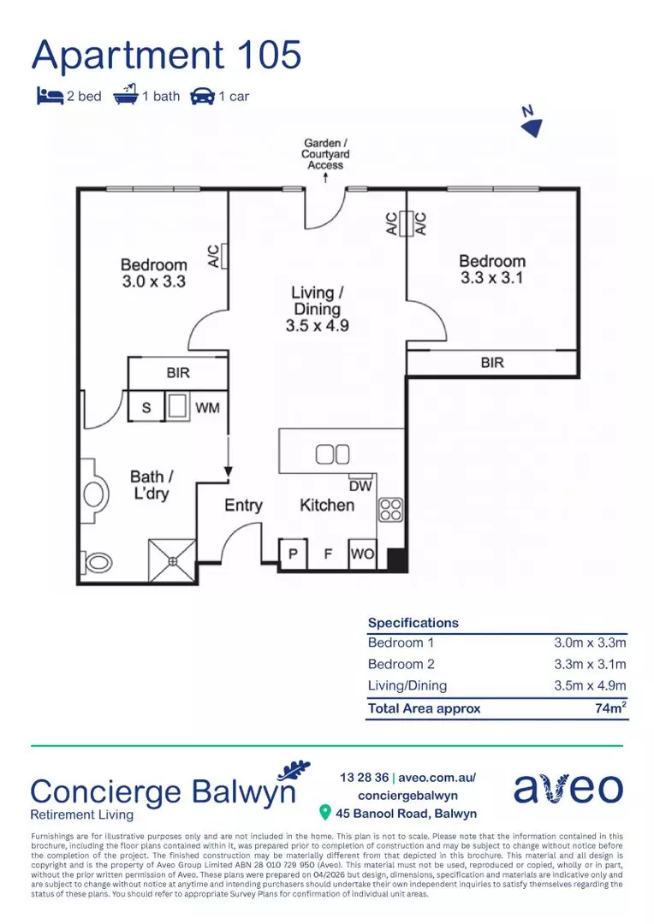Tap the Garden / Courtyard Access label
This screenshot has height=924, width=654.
(x=325, y=154)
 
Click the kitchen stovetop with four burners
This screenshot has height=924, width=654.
(x=390, y=509)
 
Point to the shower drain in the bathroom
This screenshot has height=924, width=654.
(x=172, y=560)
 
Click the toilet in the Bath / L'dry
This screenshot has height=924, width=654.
(x=98, y=562)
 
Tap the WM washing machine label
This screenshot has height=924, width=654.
(x=207, y=408)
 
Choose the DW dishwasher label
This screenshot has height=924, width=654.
(x=360, y=484)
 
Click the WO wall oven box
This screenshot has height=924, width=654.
(x=362, y=554)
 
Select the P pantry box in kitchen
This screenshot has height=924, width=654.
(x=293, y=554)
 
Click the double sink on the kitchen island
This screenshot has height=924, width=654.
(x=332, y=454)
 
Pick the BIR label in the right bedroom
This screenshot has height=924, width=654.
(x=492, y=363)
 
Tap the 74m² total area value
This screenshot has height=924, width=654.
(x=609, y=708)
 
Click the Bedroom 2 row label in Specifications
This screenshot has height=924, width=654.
(x=401, y=665)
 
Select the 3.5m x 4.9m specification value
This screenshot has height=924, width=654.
(x=591, y=686)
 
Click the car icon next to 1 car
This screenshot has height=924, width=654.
(x=203, y=96)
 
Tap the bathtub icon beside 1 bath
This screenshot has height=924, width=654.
(x=125, y=95)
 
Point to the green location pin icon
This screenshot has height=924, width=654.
(x=325, y=813)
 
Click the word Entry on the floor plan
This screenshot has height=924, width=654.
(x=243, y=506)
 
